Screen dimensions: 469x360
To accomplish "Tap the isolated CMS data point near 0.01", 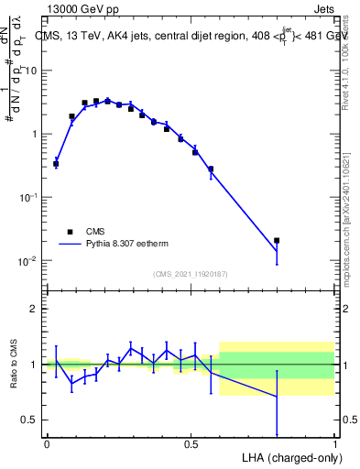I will (x=328, y=240).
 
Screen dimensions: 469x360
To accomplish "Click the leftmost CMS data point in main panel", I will (x=56, y=164).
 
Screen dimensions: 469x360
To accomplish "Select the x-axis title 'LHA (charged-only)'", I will (x=288, y=456).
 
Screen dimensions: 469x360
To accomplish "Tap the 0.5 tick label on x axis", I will (x=191, y=444).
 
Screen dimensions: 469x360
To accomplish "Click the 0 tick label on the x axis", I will (x=47, y=444).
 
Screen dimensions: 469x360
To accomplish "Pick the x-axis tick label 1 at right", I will (x=334, y=444).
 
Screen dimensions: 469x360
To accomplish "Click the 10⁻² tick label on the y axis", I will (x=27, y=261).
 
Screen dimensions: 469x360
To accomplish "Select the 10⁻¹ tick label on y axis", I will (x=27, y=197).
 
